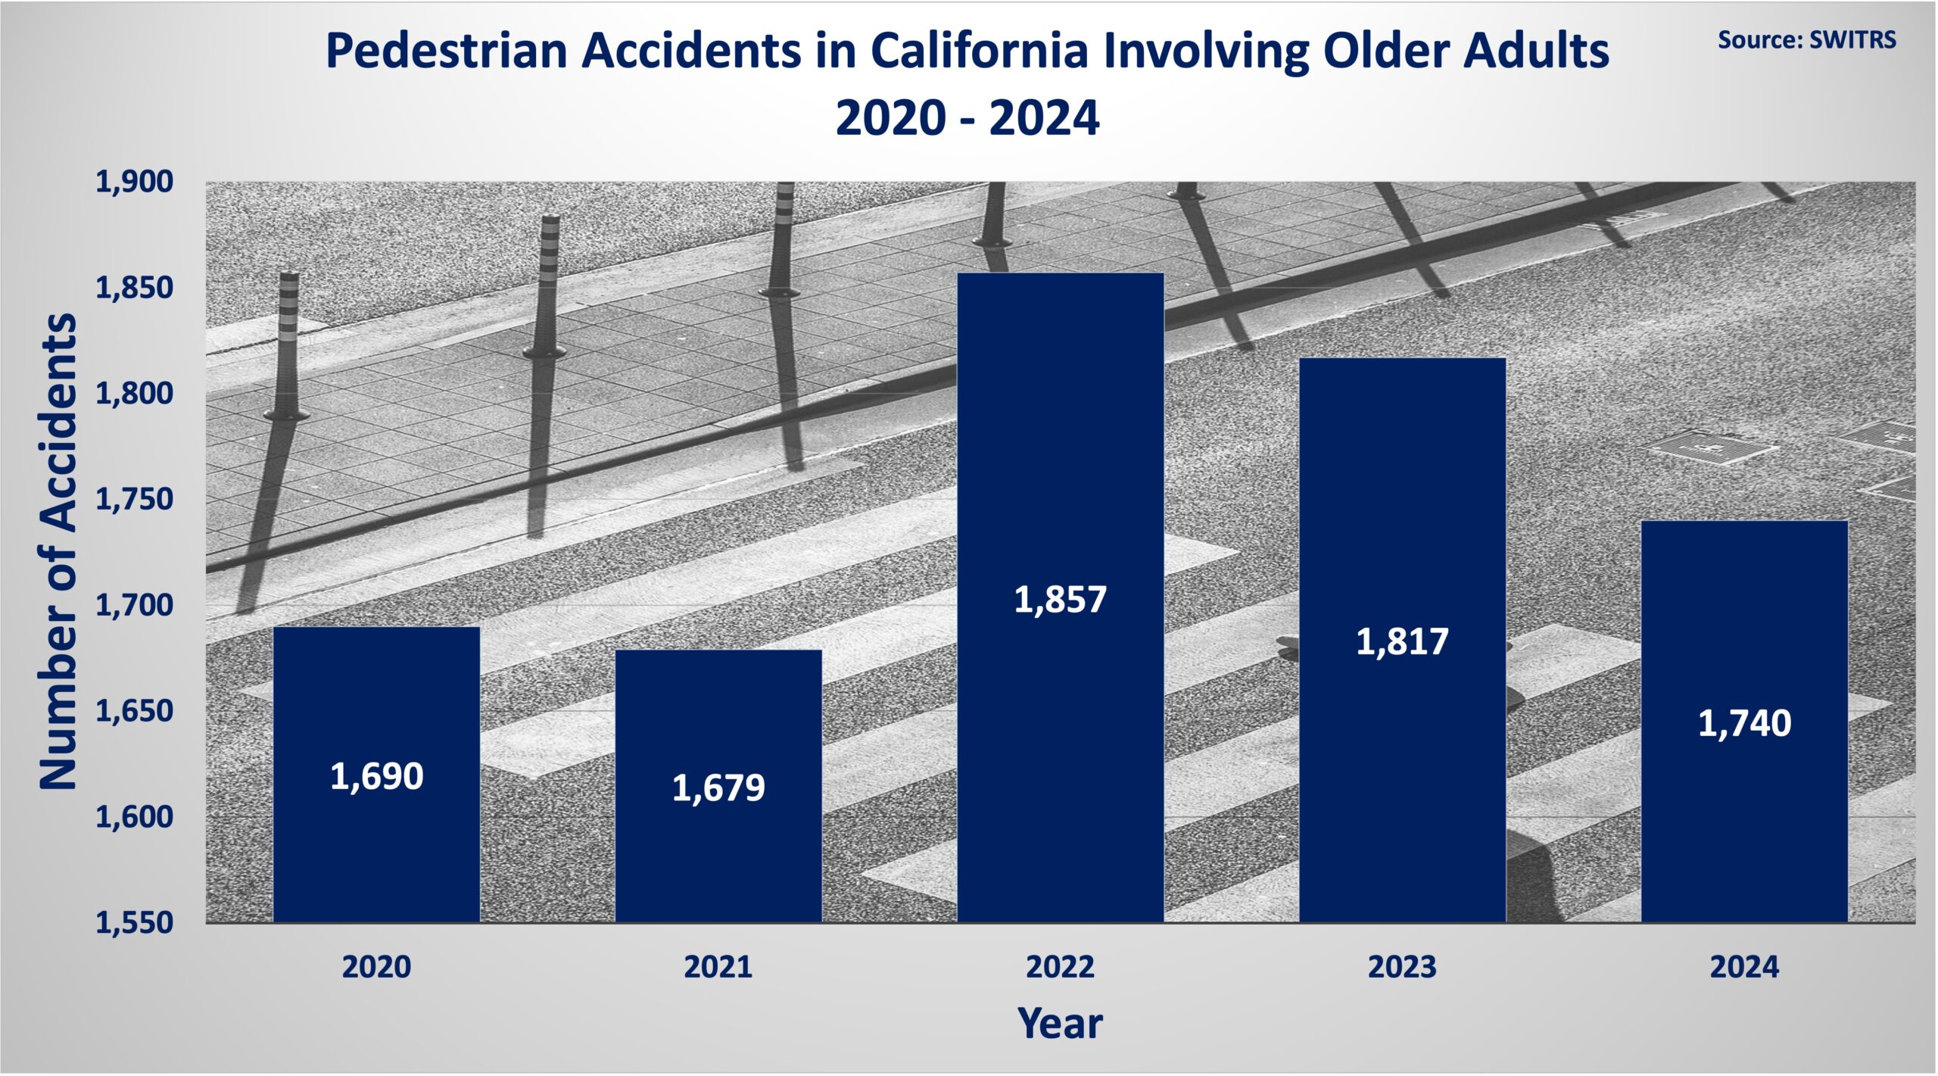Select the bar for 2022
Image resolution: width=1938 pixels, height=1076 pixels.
coord(1060,597)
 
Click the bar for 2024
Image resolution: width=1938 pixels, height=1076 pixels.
coord(1744,722)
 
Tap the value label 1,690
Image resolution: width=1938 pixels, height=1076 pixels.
coord(377,777)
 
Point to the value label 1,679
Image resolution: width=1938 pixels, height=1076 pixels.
coord(718,788)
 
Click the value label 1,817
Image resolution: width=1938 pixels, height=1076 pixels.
coord(1402,642)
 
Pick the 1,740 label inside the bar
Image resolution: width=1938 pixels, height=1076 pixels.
coord(1744,723)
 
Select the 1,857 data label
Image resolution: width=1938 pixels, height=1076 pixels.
coord(1060,600)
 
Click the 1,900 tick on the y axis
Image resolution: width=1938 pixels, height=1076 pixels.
coord(134,182)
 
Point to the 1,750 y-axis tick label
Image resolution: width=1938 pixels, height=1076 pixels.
coord(134,500)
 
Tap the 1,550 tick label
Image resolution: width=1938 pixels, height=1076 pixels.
coord(134,923)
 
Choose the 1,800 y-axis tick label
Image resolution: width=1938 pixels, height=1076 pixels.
coord(134,394)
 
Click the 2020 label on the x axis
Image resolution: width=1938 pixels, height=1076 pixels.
coord(376,967)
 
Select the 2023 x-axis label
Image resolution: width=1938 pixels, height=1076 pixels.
coord(1402,967)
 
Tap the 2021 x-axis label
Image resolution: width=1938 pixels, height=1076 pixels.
coord(718,967)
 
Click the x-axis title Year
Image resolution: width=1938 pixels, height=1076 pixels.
coord(1060,1023)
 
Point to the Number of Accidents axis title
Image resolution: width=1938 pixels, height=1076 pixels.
coord(58,552)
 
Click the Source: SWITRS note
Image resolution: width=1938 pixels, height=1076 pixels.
coord(1806,39)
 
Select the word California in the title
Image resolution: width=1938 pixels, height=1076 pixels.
coord(979,51)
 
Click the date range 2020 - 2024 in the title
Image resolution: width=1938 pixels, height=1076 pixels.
coord(967,118)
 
